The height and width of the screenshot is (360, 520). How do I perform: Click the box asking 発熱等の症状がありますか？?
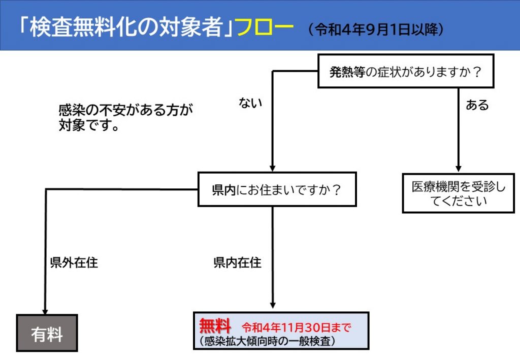point(406,72)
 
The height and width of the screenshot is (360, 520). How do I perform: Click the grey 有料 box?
point(47,333)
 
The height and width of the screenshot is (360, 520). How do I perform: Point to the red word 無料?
point(215,325)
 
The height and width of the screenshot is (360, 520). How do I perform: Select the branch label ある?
point(477,105)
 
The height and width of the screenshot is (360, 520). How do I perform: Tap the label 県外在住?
point(74,263)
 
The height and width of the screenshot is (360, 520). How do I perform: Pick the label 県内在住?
point(237,263)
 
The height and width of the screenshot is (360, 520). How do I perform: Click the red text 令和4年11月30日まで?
point(297,326)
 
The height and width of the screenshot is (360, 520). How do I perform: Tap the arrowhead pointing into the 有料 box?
point(46,310)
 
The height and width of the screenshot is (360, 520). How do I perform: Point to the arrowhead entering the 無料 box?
point(273,306)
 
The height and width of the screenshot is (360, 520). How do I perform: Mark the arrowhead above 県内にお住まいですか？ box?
point(272,168)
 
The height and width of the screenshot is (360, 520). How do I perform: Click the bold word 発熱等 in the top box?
point(347,72)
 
